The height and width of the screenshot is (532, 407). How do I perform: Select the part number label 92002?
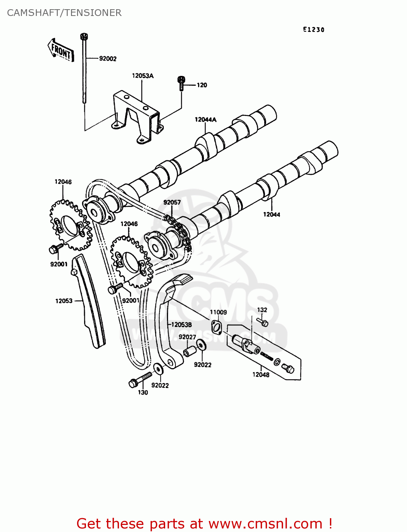click(x=108, y=59)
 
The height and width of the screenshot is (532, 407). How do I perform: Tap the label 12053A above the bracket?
click(x=142, y=76)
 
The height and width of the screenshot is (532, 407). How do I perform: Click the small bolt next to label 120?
click(x=181, y=83)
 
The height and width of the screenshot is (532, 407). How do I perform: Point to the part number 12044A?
click(x=205, y=120)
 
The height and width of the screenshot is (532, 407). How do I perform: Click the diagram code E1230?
click(x=314, y=30)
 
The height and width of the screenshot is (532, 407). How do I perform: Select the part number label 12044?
click(x=271, y=214)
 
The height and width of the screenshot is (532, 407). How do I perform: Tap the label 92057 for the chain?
click(x=172, y=202)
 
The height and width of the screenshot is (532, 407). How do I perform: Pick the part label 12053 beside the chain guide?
click(x=64, y=301)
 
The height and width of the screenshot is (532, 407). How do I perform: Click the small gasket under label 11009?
click(x=216, y=327)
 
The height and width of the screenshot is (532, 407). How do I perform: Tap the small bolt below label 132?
click(x=263, y=322)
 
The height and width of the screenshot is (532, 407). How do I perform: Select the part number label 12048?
click(x=261, y=375)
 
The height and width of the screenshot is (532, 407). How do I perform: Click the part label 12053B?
click(x=181, y=325)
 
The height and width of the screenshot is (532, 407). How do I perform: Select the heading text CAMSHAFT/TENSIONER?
click(x=64, y=13)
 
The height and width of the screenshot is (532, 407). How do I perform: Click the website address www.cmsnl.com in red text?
click(x=265, y=523)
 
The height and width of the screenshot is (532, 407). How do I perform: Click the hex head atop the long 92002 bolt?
click(x=84, y=36)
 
